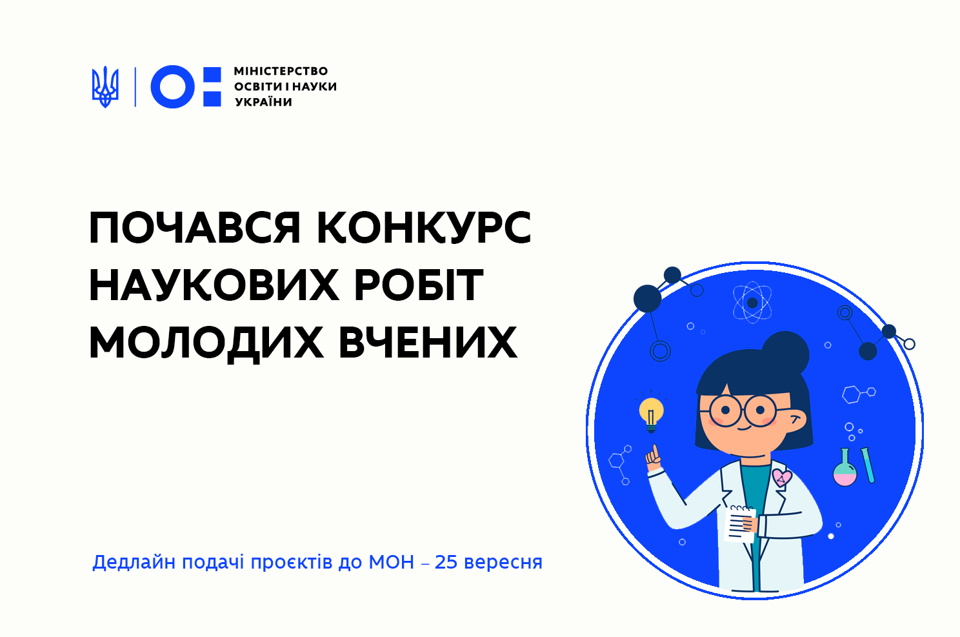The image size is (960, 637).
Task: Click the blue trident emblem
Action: point(105,87)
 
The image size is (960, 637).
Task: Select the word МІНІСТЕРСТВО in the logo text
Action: point(281,71)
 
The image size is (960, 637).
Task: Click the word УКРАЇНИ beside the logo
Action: point(264,102)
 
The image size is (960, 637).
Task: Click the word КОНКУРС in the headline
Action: point(425,228)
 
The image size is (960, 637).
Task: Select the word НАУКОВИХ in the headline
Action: point(214,285)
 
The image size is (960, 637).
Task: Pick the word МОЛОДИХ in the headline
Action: point(206,343)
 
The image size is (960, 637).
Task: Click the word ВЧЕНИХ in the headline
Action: point(428,343)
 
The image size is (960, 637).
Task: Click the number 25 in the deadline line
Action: point(446,562)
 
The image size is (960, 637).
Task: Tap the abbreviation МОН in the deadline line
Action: point(391,562)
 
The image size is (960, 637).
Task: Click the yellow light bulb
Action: point(651,413)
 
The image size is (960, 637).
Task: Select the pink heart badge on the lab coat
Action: point(782,478)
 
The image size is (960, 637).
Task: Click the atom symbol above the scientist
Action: point(752,303)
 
